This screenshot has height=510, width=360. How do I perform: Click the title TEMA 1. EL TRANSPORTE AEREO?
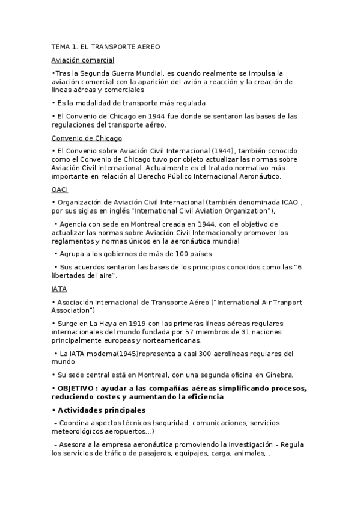tap(106, 46)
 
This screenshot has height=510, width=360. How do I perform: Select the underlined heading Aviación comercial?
tap(82, 60)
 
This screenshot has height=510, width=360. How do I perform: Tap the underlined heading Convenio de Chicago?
tap(87, 138)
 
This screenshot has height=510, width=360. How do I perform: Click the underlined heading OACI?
tap(60, 189)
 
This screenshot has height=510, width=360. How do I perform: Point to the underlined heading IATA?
tap(59, 289)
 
